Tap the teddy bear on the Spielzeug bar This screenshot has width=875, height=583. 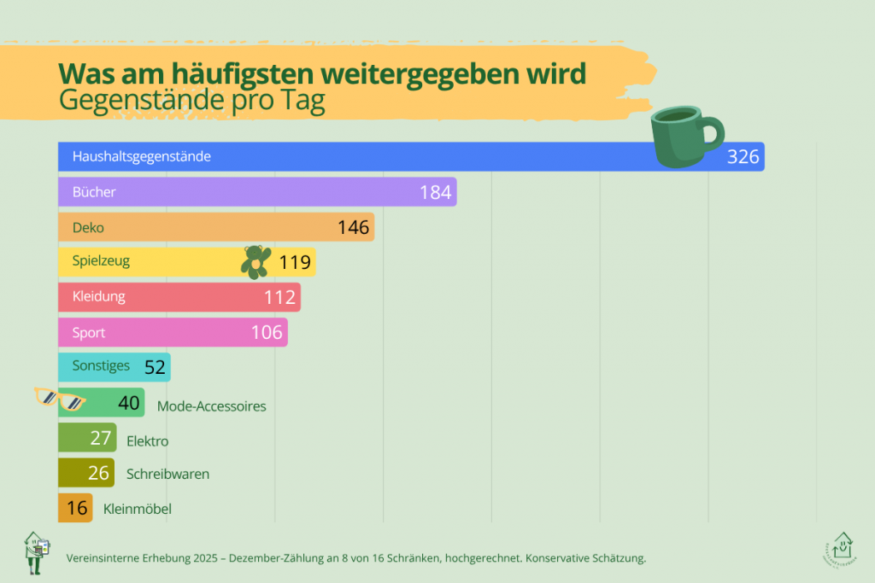[x=256, y=262]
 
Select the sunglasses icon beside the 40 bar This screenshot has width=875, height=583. [x=59, y=399]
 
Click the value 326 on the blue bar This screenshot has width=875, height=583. [x=743, y=156]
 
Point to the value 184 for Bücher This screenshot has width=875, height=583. [x=435, y=192]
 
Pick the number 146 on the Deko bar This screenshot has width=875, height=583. [x=353, y=227]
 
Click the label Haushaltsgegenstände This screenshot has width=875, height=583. [x=142, y=156]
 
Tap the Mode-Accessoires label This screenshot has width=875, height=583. [x=212, y=406]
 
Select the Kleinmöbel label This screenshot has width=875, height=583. [x=138, y=509]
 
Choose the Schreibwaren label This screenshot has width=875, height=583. [x=168, y=475]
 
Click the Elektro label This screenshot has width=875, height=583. [x=147, y=441]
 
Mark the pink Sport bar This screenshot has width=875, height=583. [x=173, y=332]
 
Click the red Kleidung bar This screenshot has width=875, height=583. [x=179, y=297]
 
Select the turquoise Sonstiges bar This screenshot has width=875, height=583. [x=115, y=367]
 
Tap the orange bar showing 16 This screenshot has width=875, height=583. [x=75, y=508]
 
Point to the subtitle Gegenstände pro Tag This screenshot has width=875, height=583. [x=192, y=101]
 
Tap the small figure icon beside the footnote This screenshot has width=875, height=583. [x=36, y=552]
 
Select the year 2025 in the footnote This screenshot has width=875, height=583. [x=205, y=558]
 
